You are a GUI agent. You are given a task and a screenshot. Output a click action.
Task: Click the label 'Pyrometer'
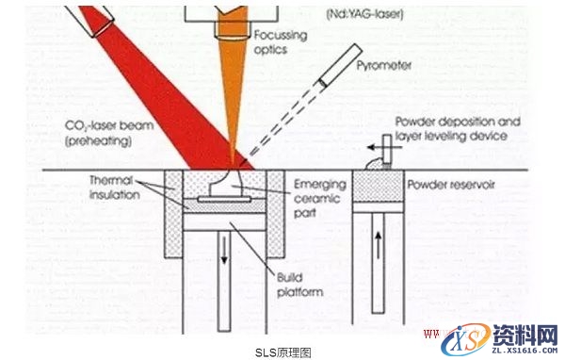386,67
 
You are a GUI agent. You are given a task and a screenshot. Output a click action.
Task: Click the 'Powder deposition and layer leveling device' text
451,129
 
